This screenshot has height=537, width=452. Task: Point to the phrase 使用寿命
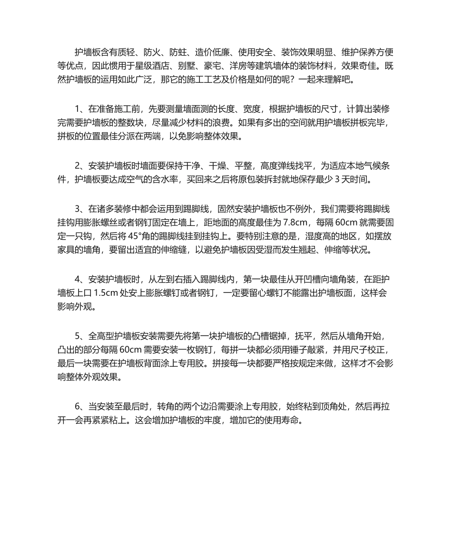[285, 421]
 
